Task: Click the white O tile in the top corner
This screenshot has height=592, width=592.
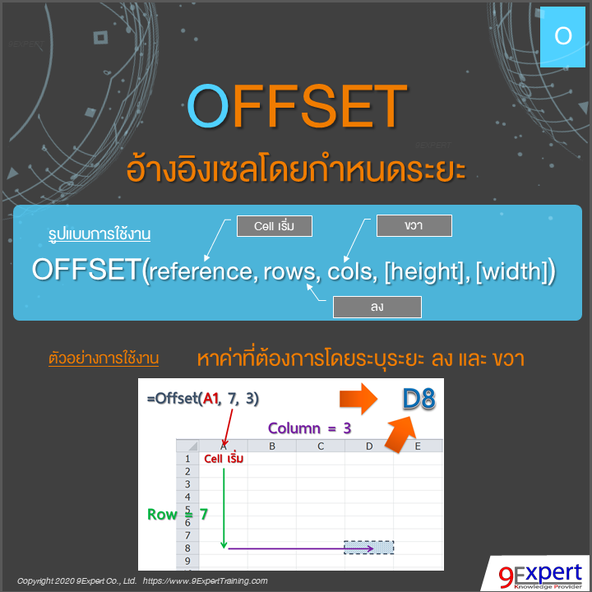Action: [563, 35]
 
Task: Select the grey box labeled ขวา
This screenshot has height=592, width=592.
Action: [414, 225]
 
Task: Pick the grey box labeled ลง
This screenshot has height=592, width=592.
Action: [377, 307]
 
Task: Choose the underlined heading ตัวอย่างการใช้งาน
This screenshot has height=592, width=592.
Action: [104, 359]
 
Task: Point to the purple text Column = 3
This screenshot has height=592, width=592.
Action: [309, 428]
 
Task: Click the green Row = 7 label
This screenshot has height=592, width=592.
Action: [177, 515]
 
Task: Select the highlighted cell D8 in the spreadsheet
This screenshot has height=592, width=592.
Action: [369, 548]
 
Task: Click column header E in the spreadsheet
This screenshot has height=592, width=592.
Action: [418, 446]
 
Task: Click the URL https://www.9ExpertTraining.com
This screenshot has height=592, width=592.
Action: [206, 580]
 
